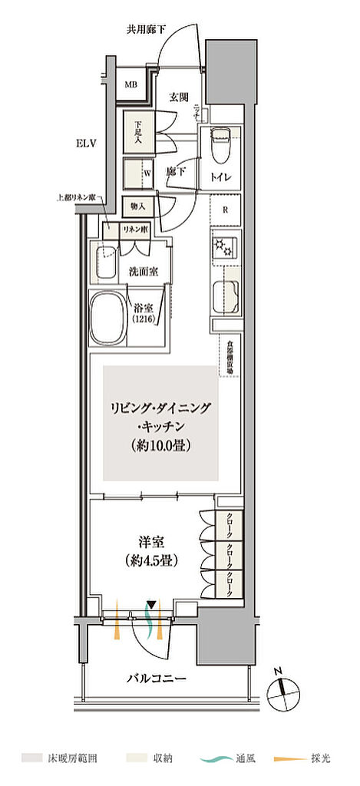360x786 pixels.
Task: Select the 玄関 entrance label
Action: (x=180, y=97)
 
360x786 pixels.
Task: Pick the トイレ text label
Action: (x=223, y=179)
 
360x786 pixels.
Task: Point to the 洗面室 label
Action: (x=144, y=271)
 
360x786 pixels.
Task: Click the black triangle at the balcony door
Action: (x=153, y=606)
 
